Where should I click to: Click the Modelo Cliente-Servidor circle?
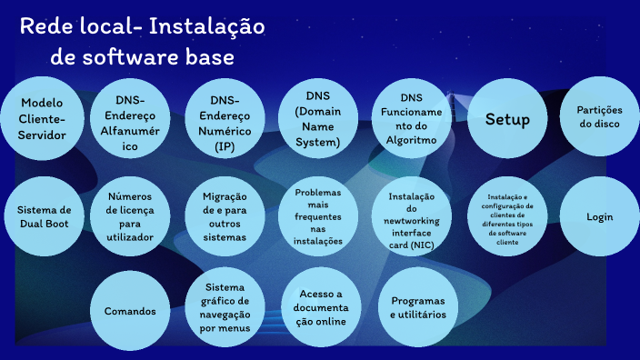point(42,119)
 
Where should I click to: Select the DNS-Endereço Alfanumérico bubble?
point(130,119)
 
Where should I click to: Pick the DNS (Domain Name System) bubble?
point(317,118)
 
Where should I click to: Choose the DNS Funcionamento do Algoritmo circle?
point(411,119)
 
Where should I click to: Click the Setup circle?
point(507,119)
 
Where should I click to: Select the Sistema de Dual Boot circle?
point(42,216)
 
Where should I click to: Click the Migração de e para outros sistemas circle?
point(225,216)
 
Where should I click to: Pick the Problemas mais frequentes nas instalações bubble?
point(317,216)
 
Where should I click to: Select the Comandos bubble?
point(130,311)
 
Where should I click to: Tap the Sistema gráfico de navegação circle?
point(225,307)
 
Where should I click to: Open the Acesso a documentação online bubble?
point(317,307)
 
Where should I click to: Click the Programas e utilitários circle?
point(411,307)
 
